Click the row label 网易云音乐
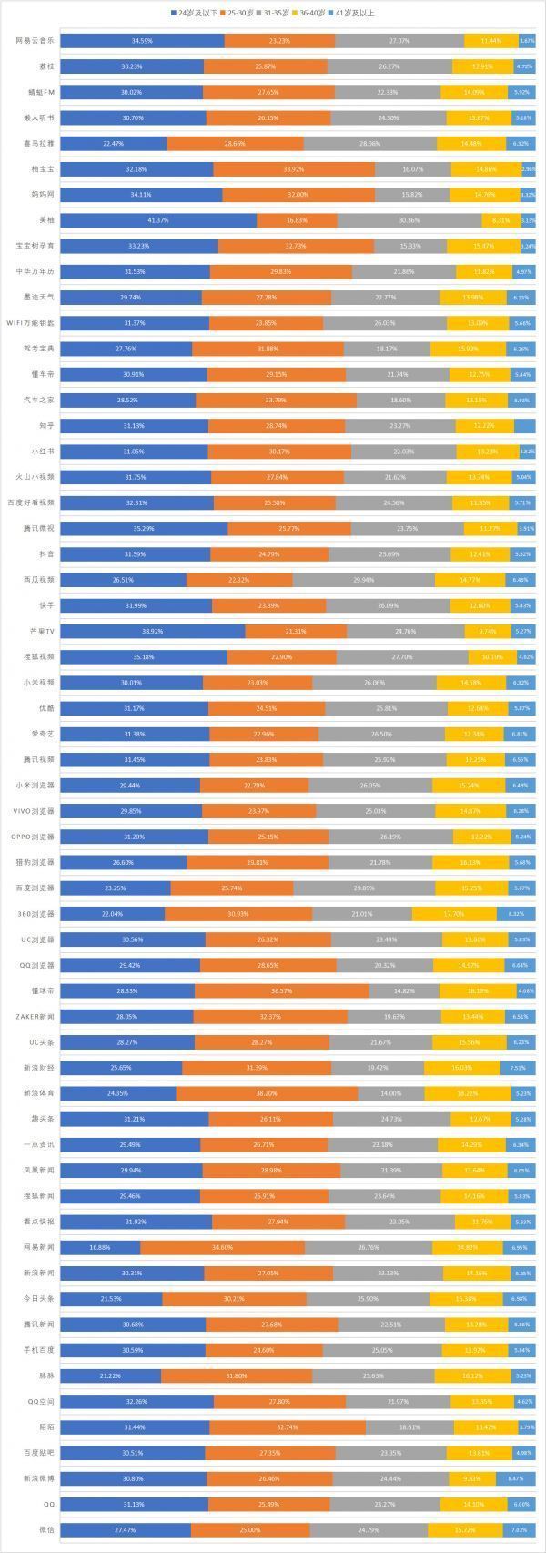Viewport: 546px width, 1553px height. pos(35,41)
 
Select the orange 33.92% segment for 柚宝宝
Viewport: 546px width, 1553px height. pos(294,169)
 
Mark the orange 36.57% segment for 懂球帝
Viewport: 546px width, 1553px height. pos(282,990)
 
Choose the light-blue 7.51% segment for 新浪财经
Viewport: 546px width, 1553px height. pos(518,1067)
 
